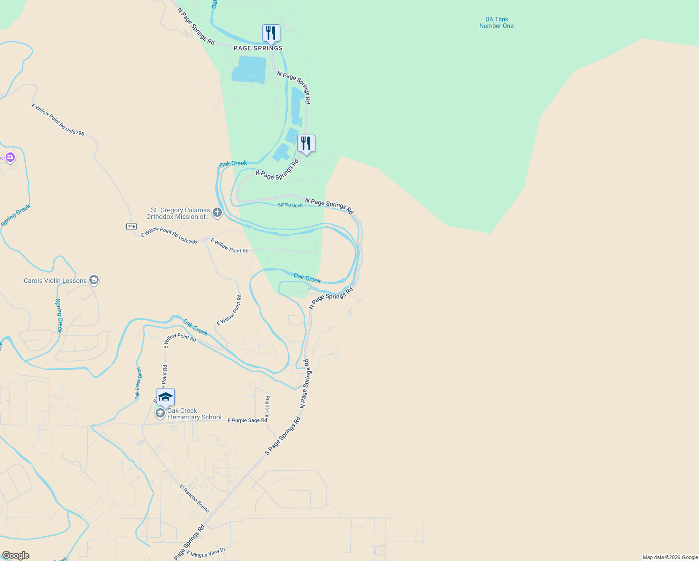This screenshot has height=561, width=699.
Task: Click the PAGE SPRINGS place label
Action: (x=258, y=48)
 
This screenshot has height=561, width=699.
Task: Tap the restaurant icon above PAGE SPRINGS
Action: (x=271, y=34)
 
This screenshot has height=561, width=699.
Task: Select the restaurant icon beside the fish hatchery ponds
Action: (x=306, y=144)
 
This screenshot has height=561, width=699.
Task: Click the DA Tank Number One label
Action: (x=496, y=22)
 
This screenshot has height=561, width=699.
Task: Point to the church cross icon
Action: (x=217, y=213)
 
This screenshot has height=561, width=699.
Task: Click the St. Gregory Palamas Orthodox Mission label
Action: (x=178, y=214)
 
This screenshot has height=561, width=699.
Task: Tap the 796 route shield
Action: (x=131, y=226)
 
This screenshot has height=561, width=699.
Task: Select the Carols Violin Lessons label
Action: (x=55, y=280)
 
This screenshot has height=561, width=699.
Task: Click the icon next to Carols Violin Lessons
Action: (x=93, y=280)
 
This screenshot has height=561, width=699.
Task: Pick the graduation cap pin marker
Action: (x=165, y=397)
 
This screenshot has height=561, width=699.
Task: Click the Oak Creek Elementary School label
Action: (x=194, y=414)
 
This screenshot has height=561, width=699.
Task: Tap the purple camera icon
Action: (x=10, y=158)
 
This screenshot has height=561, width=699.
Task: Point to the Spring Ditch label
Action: (x=290, y=205)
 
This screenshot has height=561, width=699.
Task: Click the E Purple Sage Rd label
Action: (x=247, y=420)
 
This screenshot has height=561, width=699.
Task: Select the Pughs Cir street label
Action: (x=267, y=406)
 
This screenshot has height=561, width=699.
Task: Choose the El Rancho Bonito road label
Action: (x=194, y=498)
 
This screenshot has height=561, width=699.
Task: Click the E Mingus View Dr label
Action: (x=206, y=553)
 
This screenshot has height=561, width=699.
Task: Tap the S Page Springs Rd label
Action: (x=283, y=436)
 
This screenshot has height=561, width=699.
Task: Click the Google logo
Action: (x=16, y=555)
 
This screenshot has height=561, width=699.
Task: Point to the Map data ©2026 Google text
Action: (x=670, y=557)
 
